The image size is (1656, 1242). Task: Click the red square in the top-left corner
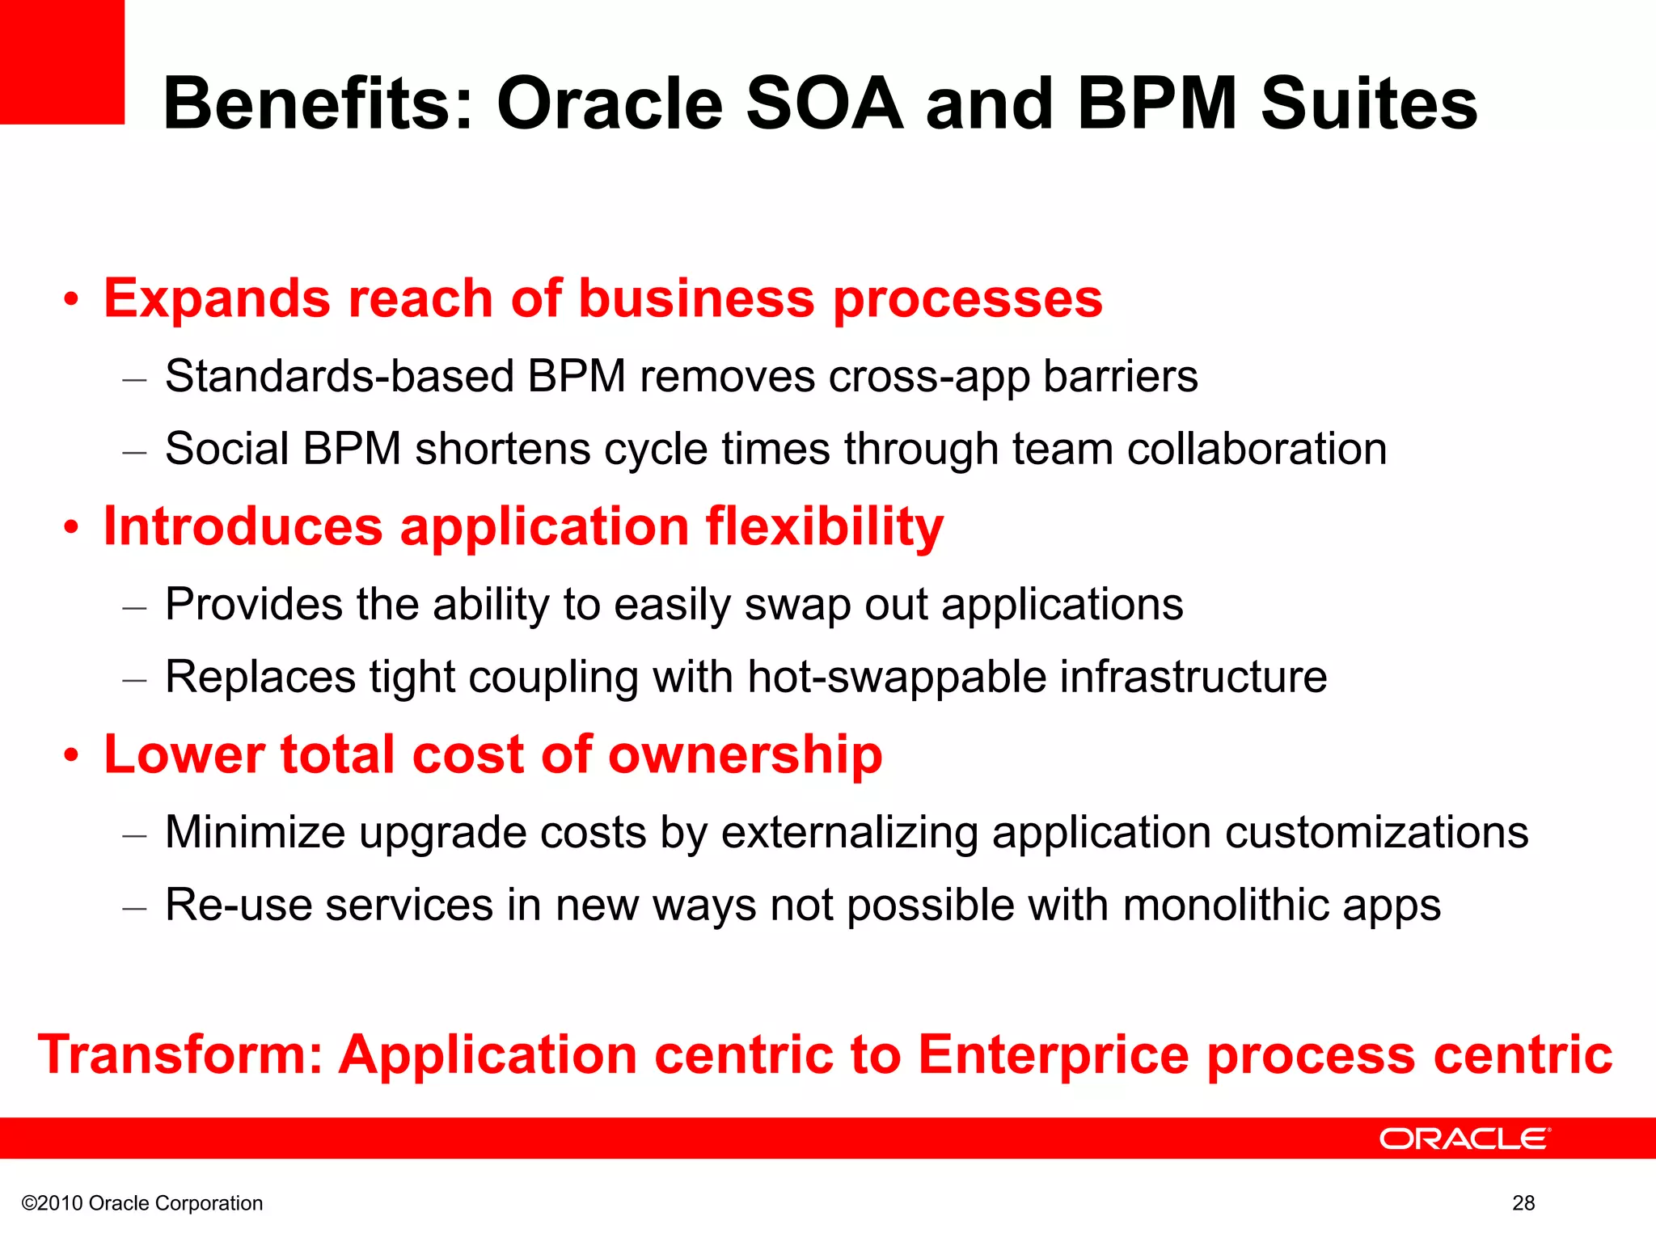61,61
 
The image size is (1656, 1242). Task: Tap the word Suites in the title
1369,103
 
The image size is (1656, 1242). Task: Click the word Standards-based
340,377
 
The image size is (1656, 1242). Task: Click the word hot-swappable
897,677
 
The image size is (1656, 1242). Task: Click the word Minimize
255,832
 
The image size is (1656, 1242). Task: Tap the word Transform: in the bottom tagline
180,1054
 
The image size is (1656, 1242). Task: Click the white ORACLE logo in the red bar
1464,1138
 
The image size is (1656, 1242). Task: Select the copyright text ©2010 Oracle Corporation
142,1203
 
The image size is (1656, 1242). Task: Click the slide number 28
1523,1203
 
